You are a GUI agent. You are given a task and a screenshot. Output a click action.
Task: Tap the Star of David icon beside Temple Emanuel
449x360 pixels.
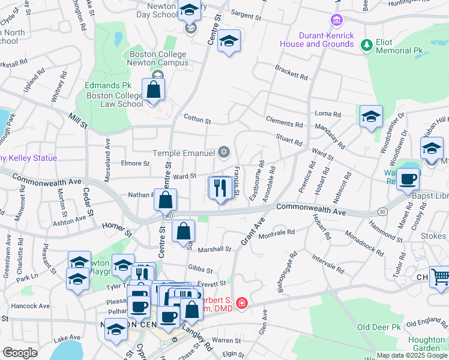pyautogui.click(x=224, y=152)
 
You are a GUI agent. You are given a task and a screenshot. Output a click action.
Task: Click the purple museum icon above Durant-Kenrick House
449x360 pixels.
pyautogui.click(x=337, y=22)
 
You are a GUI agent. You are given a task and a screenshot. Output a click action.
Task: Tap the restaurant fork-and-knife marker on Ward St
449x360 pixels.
pyautogui.click(x=221, y=188)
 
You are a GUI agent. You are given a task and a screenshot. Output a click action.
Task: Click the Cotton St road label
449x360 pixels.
pyautogui.click(x=197, y=120)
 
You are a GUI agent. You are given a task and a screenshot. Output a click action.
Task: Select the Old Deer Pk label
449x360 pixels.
pyautogui.click(x=379, y=327)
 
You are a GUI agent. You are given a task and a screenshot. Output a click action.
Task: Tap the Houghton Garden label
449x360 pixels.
pyautogui.click(x=426, y=344)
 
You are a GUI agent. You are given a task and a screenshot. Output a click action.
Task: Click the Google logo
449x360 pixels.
pyautogui.click(x=20, y=353)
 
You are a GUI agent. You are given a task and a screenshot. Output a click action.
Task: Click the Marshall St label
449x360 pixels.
pyautogui.click(x=214, y=249)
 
